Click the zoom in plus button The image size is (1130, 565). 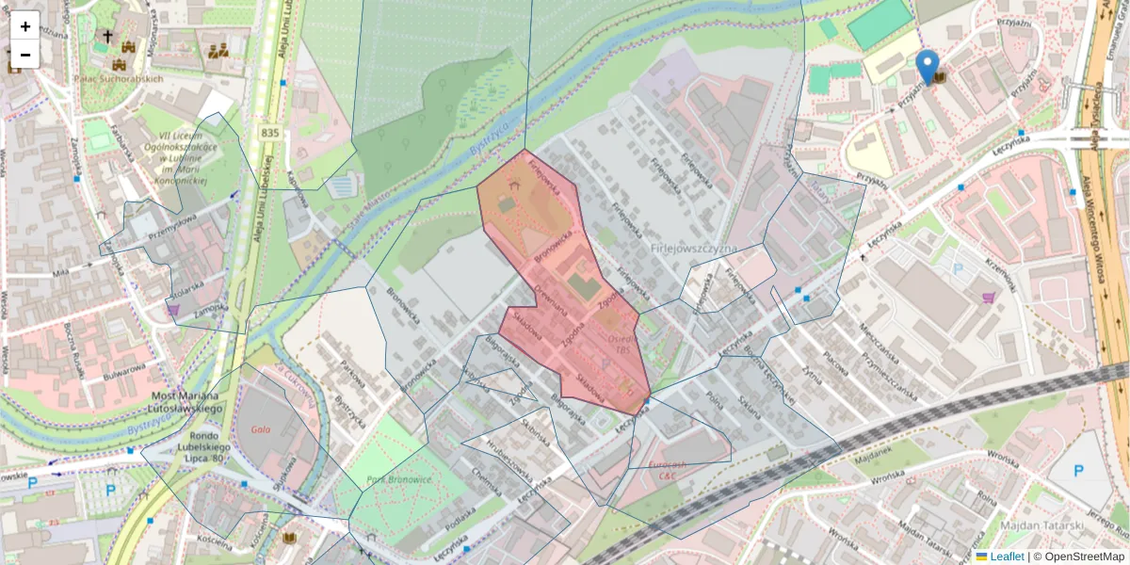coord(25,26)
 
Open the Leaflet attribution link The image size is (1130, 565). coord(1006,557)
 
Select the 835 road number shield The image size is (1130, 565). coord(270,134)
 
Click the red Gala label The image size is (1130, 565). coord(262,429)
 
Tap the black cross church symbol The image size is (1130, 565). coord(107,36)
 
